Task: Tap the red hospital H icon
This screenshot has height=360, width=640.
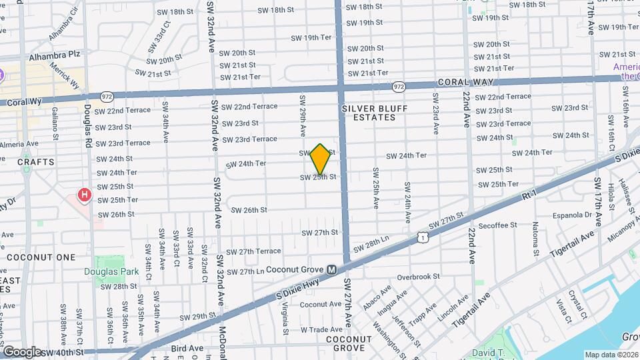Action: (85, 195)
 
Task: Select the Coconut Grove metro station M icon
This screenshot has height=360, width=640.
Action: (331, 269)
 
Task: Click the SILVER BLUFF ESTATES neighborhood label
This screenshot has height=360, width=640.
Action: (368, 112)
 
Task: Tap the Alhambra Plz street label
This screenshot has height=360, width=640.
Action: (49, 57)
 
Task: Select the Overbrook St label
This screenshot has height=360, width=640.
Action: (418, 276)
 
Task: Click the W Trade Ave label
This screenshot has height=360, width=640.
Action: (321, 329)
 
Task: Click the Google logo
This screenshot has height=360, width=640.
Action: (22, 351)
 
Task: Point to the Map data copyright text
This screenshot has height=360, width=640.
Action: (611, 355)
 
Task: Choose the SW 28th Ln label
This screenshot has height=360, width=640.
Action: (371, 244)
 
